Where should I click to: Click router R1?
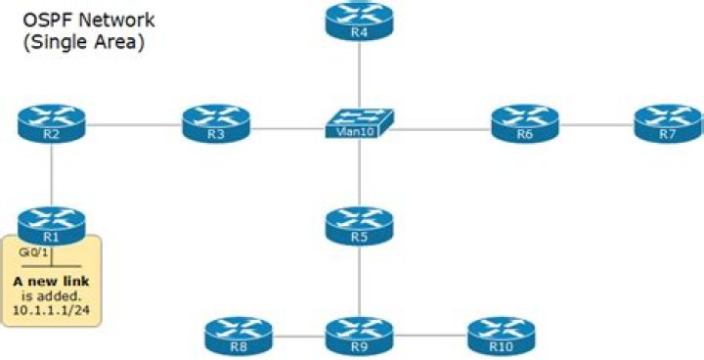[x=51, y=226]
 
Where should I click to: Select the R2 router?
[x=51, y=123]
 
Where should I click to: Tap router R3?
[x=216, y=123]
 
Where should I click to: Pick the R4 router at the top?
[x=359, y=22]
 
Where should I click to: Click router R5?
[x=359, y=226]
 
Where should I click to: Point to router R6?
[x=525, y=123]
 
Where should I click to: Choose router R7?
[x=668, y=123]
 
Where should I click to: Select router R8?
[x=239, y=337]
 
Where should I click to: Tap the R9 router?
[x=359, y=337]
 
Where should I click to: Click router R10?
[x=502, y=337]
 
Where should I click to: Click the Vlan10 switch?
[x=360, y=123]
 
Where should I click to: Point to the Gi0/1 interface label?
[x=33, y=252]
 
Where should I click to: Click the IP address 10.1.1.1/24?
[x=51, y=310]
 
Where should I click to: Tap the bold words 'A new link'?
[x=51, y=282]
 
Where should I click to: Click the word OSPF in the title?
[x=45, y=21]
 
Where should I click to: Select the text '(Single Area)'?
[x=83, y=43]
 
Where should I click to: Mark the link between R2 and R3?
[x=134, y=124]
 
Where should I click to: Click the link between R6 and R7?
[x=596, y=124]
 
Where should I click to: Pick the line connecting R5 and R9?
[x=359, y=281]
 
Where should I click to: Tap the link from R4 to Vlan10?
[x=359, y=75]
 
